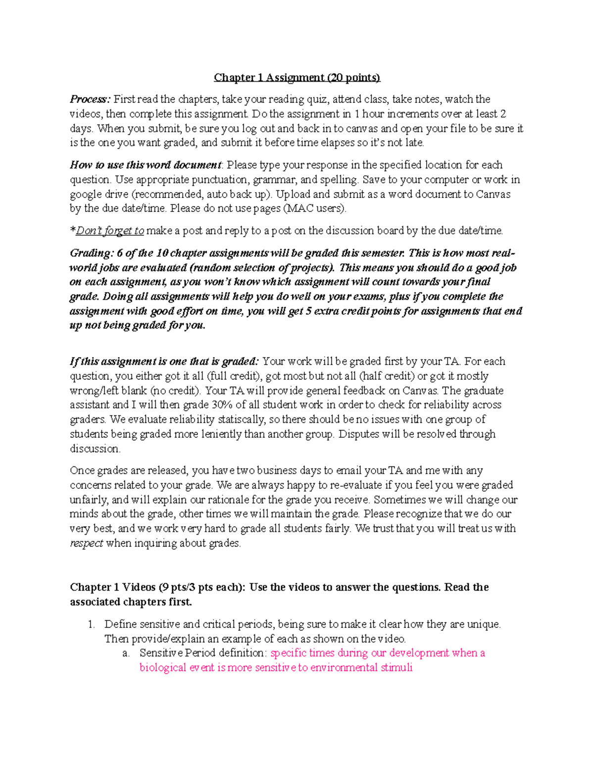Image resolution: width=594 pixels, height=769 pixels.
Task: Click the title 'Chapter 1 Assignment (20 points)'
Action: click(297, 78)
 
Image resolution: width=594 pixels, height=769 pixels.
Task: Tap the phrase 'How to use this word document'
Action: click(146, 165)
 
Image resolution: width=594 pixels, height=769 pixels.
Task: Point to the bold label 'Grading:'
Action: click(92, 253)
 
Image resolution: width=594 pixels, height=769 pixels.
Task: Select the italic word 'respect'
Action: click(87, 543)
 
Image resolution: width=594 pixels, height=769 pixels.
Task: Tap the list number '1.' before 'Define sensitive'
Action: click(91, 624)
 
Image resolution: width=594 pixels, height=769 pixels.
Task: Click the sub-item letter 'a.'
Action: click(126, 653)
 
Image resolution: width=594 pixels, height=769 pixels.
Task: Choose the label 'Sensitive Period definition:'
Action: click(203, 653)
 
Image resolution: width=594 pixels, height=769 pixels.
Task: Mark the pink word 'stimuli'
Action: click(396, 667)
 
